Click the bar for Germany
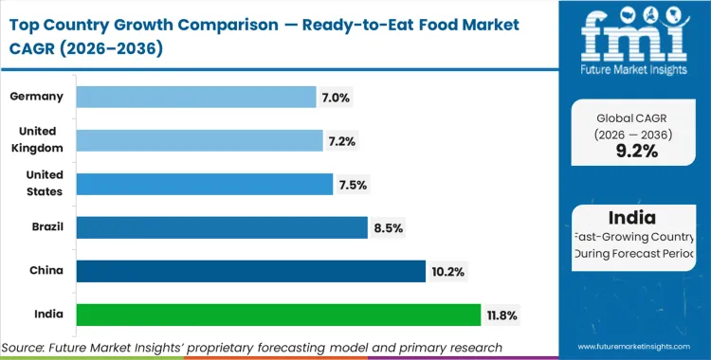point(195,97)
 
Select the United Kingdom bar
point(199,140)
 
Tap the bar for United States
point(204,184)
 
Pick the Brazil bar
point(221,227)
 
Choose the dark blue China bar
point(250,271)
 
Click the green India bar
point(278,315)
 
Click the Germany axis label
point(36,97)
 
